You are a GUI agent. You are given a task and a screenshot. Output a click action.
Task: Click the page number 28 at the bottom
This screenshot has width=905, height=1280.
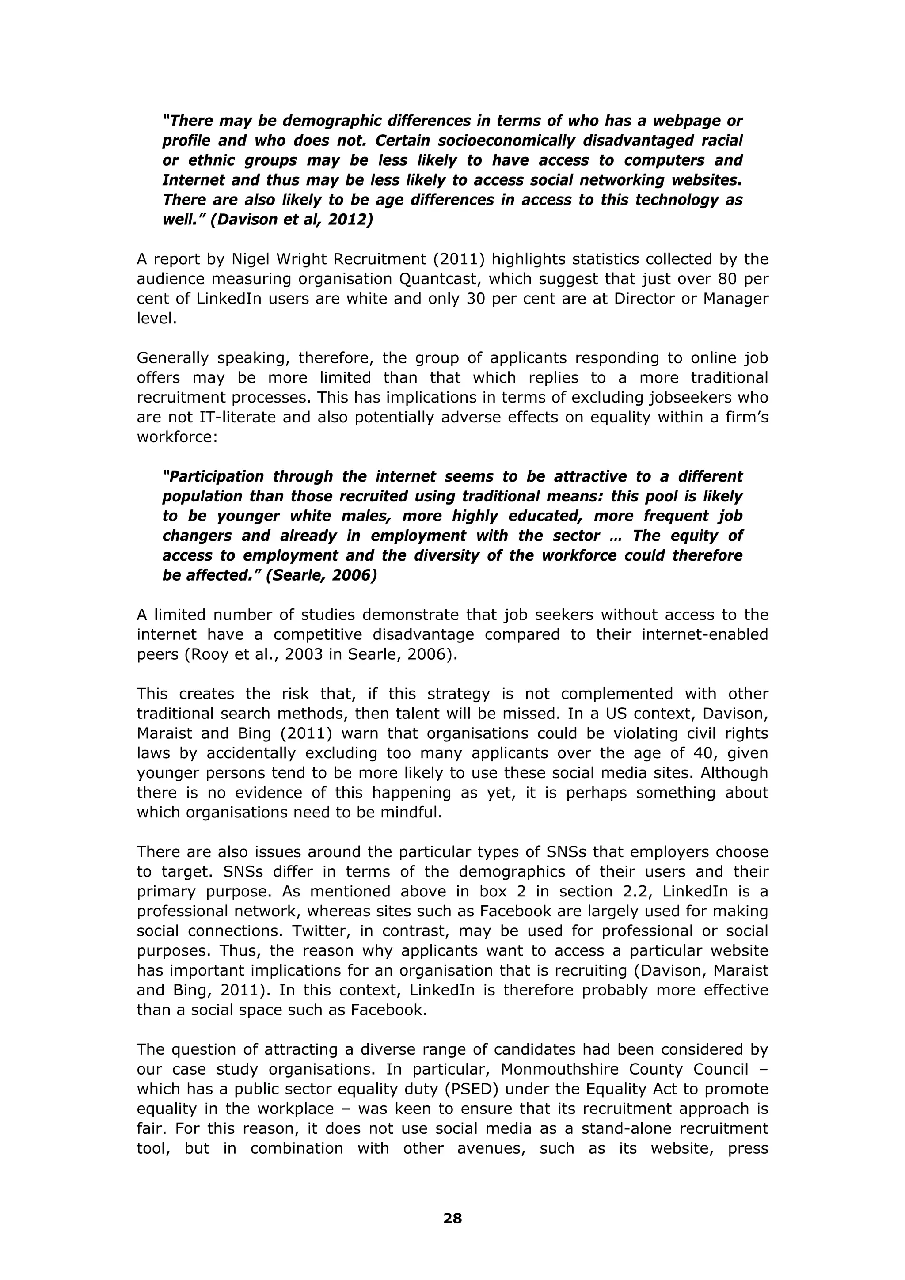click(x=452, y=1218)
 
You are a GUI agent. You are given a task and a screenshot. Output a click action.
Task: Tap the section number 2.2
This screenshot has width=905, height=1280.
click(x=639, y=892)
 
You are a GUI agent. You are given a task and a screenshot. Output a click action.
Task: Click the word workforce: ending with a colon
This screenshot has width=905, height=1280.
click(x=177, y=437)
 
